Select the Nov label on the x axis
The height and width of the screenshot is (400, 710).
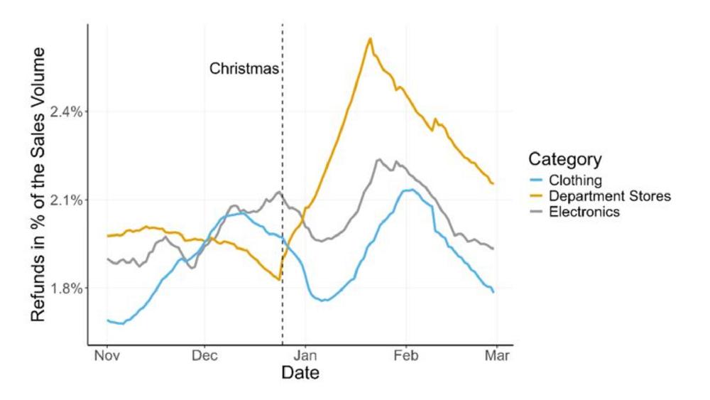[106, 355]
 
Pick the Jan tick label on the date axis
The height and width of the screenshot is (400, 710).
[305, 355]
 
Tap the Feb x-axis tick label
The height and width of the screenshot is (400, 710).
[406, 355]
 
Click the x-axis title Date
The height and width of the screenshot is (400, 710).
[300, 373]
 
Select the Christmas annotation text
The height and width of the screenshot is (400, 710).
[244, 69]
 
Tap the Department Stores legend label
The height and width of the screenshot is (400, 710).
[609, 196]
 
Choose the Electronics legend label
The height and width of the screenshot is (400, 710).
[584, 212]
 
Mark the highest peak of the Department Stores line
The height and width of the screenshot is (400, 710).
[370, 38]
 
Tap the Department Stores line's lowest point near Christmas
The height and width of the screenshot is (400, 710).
[281, 280]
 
